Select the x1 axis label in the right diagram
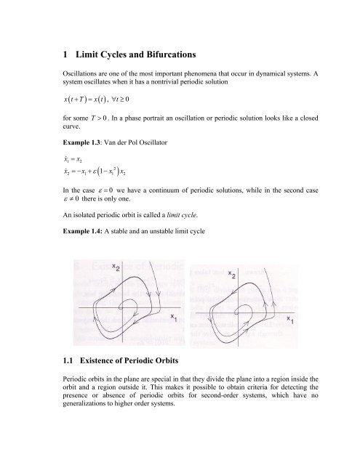coord(290,317)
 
